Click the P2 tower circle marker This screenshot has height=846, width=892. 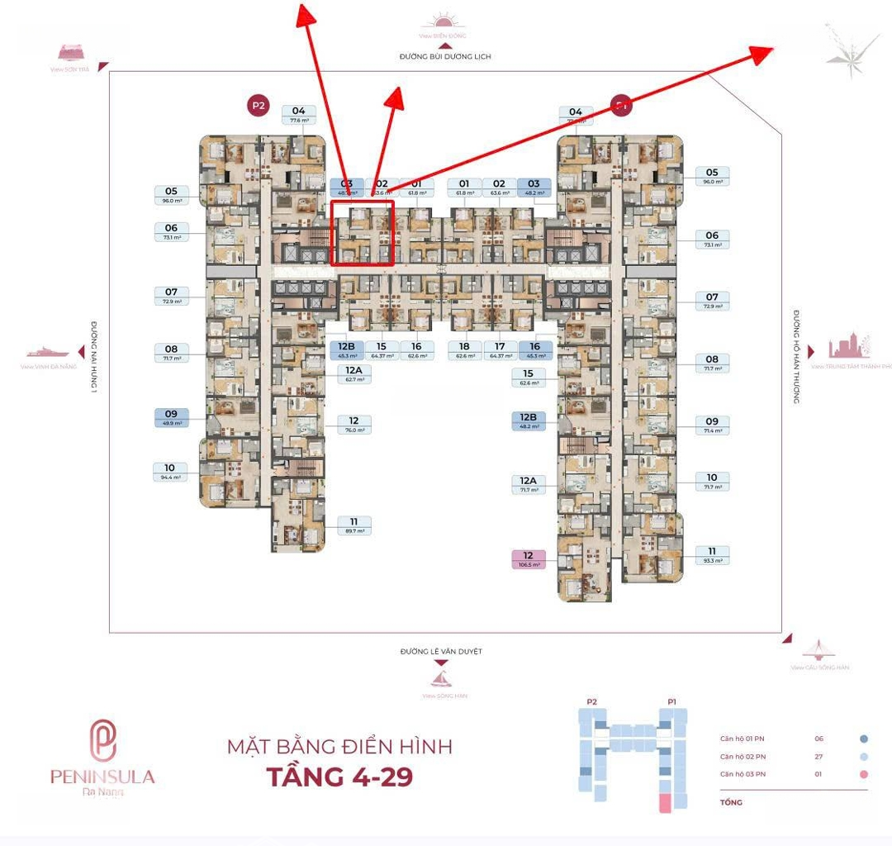259,105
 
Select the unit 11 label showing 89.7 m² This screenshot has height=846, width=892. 353,525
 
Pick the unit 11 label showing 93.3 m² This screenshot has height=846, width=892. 712,554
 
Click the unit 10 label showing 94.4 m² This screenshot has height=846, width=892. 170,473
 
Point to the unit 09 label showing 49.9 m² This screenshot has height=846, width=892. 171,418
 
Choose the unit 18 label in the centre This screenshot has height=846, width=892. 464,350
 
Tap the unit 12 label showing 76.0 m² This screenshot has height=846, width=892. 353,425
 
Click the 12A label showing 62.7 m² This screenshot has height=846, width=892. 354,374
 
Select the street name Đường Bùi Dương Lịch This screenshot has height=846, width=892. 444,57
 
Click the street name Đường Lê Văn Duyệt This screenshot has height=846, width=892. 441,652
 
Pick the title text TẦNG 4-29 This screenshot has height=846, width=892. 339,777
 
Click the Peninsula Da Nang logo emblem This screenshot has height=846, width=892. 103,740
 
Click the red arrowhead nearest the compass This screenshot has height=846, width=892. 761,53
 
